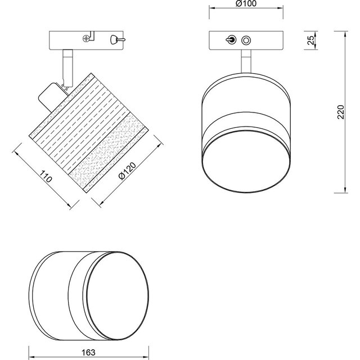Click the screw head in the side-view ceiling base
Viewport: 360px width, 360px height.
pyautogui.click(x=86, y=39)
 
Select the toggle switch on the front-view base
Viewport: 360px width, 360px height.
pyautogui.click(x=229, y=40)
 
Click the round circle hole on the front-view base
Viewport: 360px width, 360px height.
pyautogui.click(x=246, y=40)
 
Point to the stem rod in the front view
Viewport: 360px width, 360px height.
pyautogui.click(x=246, y=61)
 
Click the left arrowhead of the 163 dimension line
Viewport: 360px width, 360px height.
pyautogui.click(x=31, y=341)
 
